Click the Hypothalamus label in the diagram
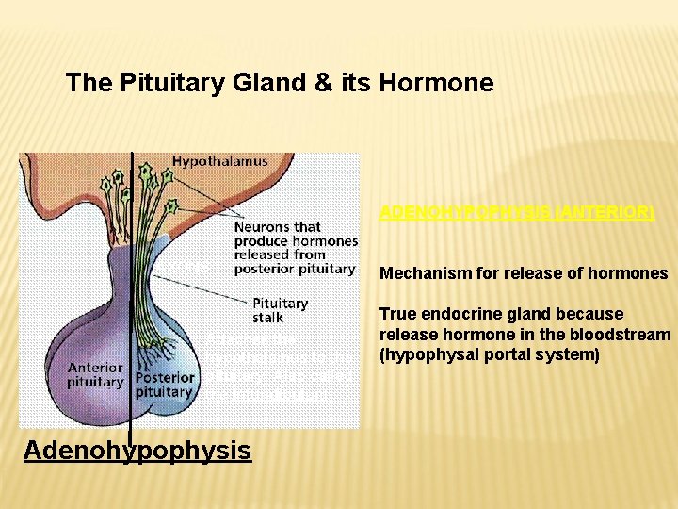point(219,161)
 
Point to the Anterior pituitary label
point(94,374)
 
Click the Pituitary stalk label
point(280,310)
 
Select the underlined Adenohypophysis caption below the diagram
point(137,451)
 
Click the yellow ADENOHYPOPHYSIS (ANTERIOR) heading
point(516,213)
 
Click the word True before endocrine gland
point(397,314)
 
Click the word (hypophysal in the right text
point(427,354)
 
